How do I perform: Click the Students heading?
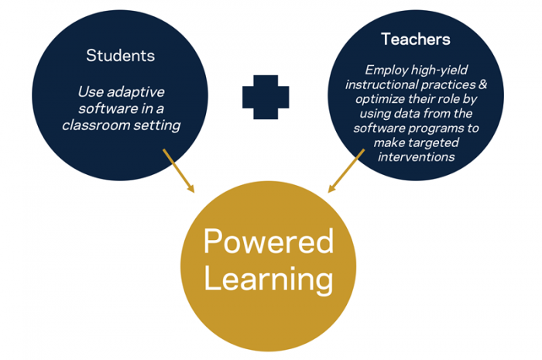click(120, 55)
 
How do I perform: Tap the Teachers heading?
click(416, 39)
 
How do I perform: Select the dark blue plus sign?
click(266, 97)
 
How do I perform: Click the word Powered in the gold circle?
click(268, 241)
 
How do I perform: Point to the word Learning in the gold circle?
click(268, 279)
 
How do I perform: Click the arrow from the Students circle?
click(179, 170)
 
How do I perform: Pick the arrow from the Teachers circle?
click(346, 170)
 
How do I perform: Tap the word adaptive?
click(135, 92)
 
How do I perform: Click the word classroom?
click(97, 125)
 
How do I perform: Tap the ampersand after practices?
click(482, 84)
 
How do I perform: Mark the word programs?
click(437, 129)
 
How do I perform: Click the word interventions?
click(417, 157)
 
